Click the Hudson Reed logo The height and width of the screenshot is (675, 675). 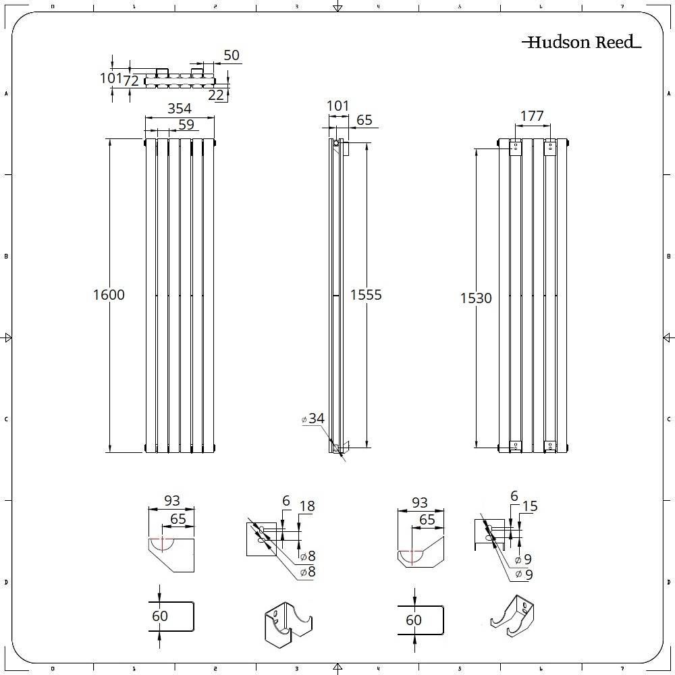pyautogui.click(x=581, y=43)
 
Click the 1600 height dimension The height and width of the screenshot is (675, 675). pyautogui.click(x=109, y=295)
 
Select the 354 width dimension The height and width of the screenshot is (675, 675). pyautogui.click(x=180, y=109)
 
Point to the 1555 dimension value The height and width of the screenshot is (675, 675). pyautogui.click(x=366, y=295)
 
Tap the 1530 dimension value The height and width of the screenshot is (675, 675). pyautogui.click(x=476, y=298)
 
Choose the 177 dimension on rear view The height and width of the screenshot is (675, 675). pyautogui.click(x=532, y=116)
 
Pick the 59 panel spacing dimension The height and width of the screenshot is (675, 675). pyautogui.click(x=186, y=124)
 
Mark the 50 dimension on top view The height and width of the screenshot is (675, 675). pyautogui.click(x=232, y=55)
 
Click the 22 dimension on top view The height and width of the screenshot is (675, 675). pyautogui.click(x=216, y=95)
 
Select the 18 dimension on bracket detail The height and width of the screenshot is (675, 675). pyautogui.click(x=307, y=506)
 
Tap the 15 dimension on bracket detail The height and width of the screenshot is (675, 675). pyautogui.click(x=530, y=506)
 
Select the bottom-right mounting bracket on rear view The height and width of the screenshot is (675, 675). pyautogui.click(x=551, y=446)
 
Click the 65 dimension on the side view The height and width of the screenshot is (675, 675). pyautogui.click(x=364, y=121)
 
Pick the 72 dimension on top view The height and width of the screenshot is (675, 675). pyautogui.click(x=131, y=81)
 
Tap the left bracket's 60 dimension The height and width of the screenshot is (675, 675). pyautogui.click(x=160, y=616)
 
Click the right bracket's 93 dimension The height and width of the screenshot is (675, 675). pyautogui.click(x=420, y=503)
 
